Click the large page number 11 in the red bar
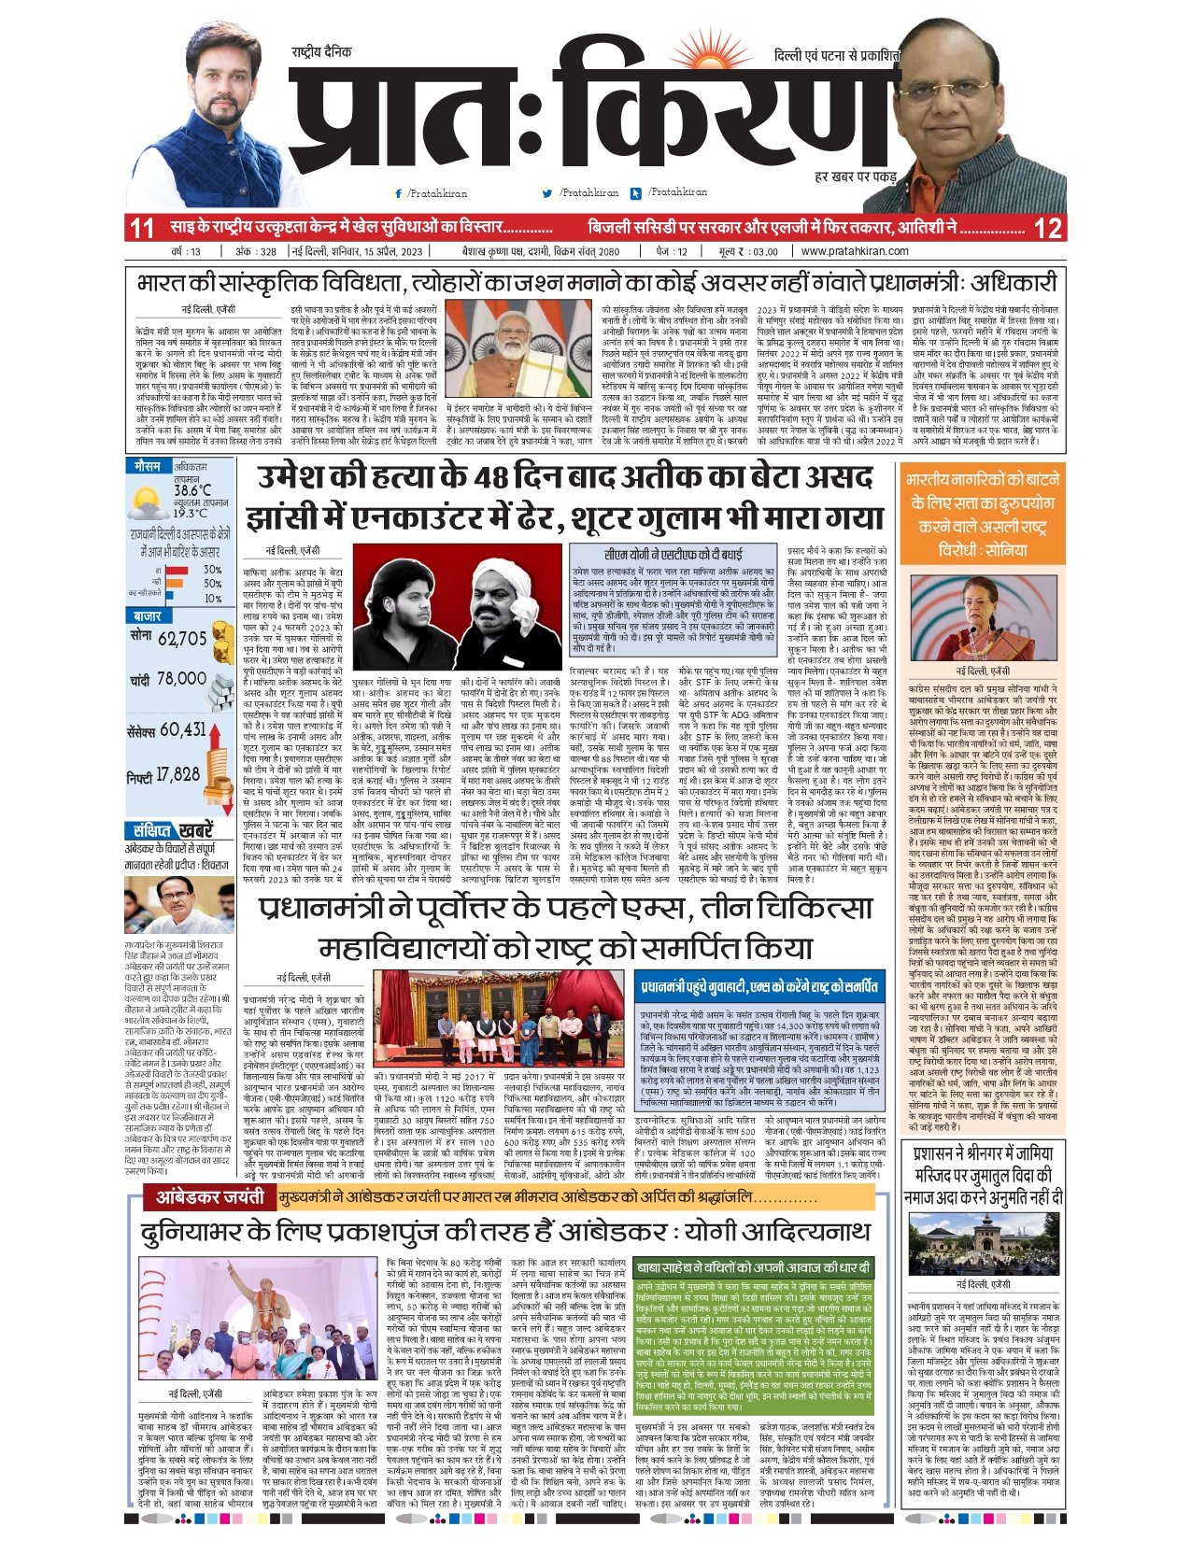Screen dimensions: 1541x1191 coord(142,228)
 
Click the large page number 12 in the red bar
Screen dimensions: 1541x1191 coord(1049,228)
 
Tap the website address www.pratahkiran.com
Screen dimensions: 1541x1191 coord(855,251)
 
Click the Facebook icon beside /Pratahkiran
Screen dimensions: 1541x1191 coord(399,193)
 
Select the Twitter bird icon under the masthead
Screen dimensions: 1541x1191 coord(547,193)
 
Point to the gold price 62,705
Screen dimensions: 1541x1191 coord(182,639)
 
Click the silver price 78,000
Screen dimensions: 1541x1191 coord(181,679)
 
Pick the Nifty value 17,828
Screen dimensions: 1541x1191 coord(177,774)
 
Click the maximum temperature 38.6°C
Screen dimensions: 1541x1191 coord(192,489)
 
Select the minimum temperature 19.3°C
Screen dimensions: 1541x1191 coord(191,512)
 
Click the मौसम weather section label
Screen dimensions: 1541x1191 coord(147,465)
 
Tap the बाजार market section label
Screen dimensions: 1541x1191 coord(148,616)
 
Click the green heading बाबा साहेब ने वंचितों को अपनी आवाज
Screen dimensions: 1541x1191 coord(753,1267)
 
